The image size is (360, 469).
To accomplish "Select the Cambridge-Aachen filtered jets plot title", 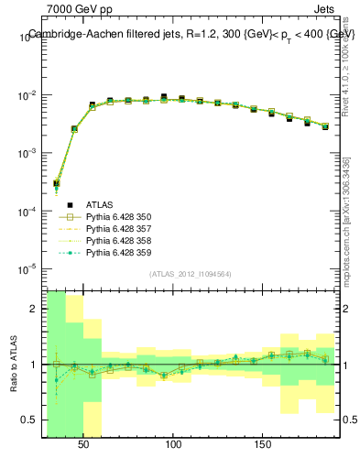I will coord(191,34).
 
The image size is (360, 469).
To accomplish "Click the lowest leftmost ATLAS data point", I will coord(56,184).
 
